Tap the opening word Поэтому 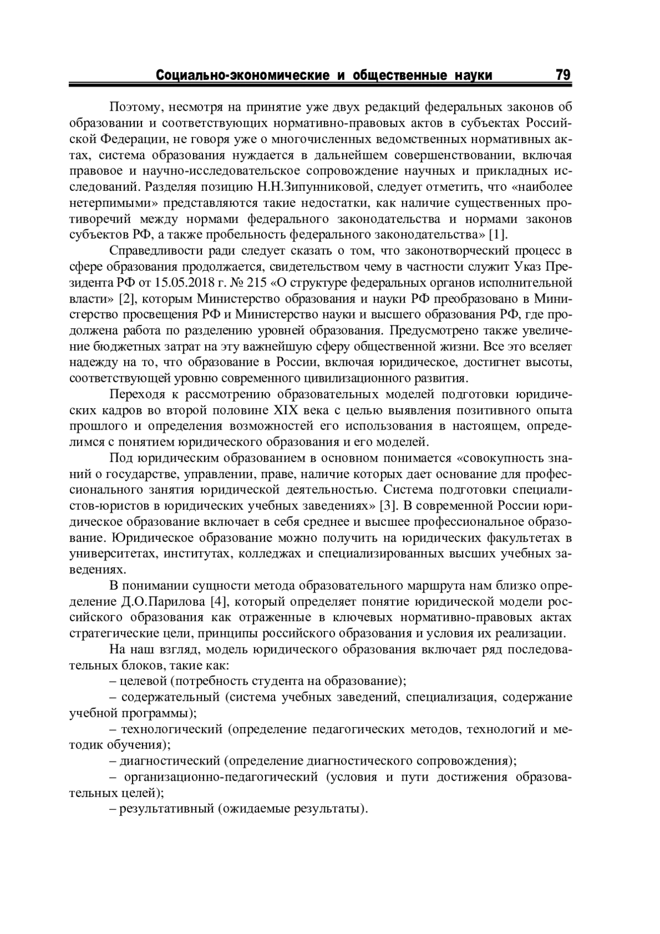click(x=134, y=107)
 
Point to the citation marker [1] click(x=497, y=235)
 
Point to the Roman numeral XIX click(x=285, y=411)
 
